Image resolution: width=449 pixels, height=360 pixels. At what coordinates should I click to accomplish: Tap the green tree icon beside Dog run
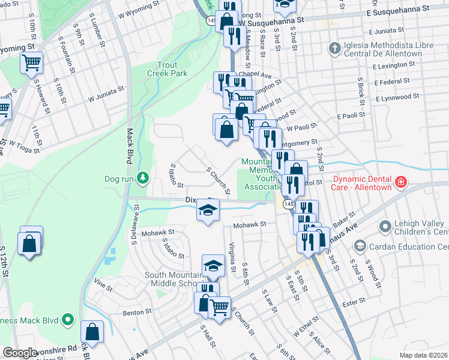143,178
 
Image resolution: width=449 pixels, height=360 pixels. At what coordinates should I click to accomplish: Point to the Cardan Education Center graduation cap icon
360,245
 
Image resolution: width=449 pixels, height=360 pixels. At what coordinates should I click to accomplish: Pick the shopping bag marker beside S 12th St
29,242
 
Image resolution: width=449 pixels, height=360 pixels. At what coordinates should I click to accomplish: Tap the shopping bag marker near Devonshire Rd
92,331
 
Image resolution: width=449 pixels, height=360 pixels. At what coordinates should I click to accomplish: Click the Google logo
20,353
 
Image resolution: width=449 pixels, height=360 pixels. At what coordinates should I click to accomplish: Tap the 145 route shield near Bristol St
286,205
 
